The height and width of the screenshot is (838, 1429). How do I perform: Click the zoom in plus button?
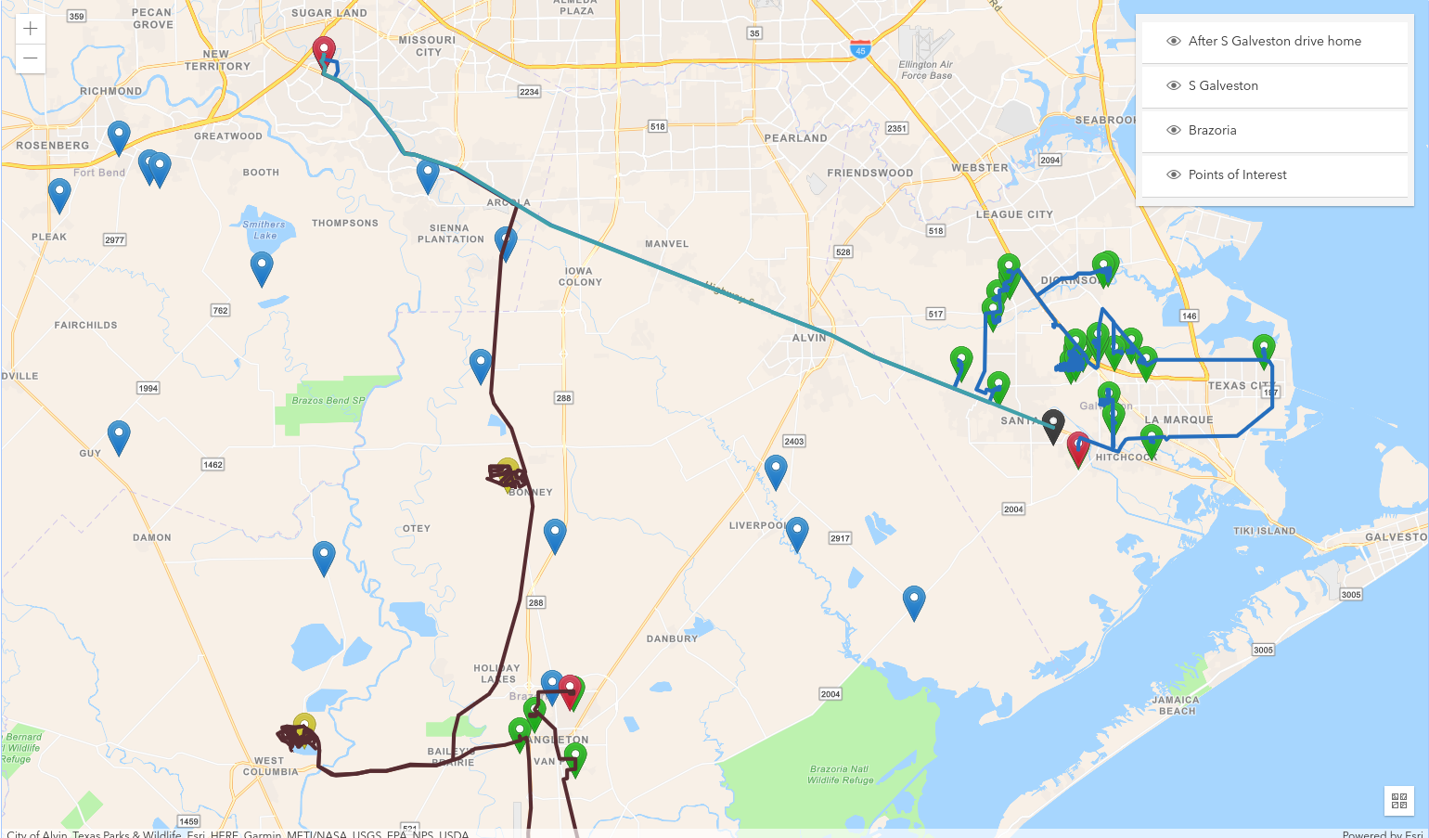31,29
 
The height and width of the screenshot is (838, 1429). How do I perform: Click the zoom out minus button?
31,58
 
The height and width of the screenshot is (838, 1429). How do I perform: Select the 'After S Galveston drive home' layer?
1274,41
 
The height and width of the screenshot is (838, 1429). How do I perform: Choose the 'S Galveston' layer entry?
1228,85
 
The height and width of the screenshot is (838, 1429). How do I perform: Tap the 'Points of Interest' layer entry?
1237,174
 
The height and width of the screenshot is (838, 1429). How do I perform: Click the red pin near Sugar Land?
324,52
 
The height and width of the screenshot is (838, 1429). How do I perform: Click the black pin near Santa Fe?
1053,424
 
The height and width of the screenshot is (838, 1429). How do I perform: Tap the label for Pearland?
795,138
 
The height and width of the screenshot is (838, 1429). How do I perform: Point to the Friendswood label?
870,173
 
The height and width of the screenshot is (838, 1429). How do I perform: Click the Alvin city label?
809,338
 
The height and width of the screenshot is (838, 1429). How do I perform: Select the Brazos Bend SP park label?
328,401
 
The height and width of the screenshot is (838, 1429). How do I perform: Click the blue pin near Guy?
119,434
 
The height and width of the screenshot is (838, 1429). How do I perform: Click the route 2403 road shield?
794,441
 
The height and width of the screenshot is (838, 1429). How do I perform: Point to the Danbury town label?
672,638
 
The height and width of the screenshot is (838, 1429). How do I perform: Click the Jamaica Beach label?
1176,705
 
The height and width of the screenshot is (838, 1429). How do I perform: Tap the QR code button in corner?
1399,800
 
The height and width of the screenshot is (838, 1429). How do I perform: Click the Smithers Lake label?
264,229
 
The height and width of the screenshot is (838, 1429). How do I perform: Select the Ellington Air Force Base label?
925,70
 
